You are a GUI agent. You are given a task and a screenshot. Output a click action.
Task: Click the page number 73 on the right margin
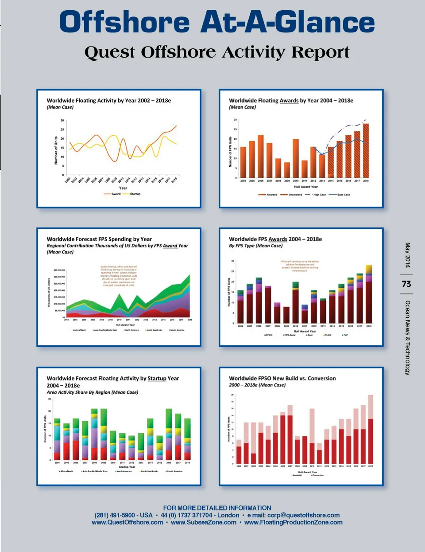pyautogui.click(x=406, y=284)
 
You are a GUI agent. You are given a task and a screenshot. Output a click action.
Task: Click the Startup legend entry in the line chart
pyautogui.click(x=135, y=194)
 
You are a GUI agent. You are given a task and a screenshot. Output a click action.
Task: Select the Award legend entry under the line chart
pyautogui.click(x=116, y=194)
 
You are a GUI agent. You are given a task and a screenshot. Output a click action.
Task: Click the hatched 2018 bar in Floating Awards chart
pyautogui.click(x=366, y=151)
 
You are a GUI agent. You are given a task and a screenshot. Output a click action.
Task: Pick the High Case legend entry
pyautogui.click(x=319, y=195)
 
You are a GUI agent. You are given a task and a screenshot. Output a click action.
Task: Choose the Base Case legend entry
pyautogui.click(x=343, y=195)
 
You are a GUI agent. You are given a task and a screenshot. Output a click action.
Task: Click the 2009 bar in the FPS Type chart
pyautogui.click(x=286, y=315)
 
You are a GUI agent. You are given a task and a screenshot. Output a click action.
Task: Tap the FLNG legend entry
pyautogui.click(x=328, y=335)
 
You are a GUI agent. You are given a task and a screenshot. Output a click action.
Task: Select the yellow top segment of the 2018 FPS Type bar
pyautogui.click(x=369, y=269)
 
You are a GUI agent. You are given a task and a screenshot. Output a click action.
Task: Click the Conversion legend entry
pyautogui.click(x=317, y=475)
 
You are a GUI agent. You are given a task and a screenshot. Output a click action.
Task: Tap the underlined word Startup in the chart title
pyautogui.click(x=157, y=378)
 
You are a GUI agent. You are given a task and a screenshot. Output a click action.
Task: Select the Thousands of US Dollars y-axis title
pyautogui.click(x=49, y=292)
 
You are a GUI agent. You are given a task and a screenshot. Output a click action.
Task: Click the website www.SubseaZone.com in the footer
pyautogui.click(x=204, y=522)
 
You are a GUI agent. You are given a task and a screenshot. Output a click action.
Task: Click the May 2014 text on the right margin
pyautogui.click(x=407, y=255)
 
